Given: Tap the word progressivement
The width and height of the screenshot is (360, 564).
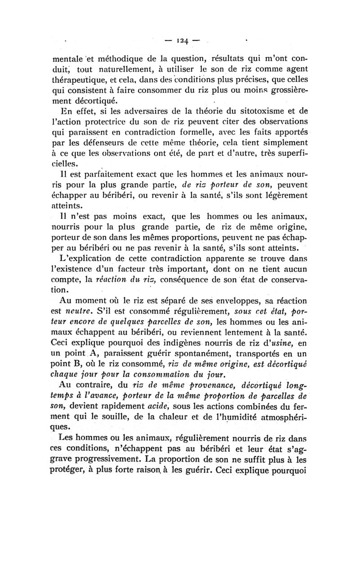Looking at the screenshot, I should pos(117,460).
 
